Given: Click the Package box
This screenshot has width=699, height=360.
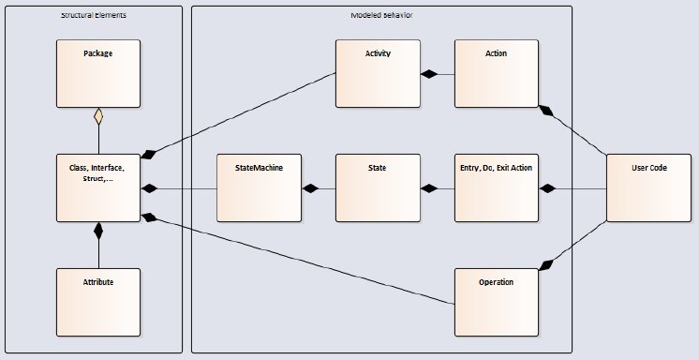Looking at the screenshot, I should [97, 72].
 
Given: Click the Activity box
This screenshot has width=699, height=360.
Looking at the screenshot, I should [377, 72].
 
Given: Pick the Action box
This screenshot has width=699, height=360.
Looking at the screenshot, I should [496, 72].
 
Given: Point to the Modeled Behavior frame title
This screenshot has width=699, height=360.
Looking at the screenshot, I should [380, 16].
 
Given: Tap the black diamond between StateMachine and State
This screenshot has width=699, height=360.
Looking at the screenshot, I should [308, 188].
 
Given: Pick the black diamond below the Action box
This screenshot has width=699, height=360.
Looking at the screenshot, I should [546, 112].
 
